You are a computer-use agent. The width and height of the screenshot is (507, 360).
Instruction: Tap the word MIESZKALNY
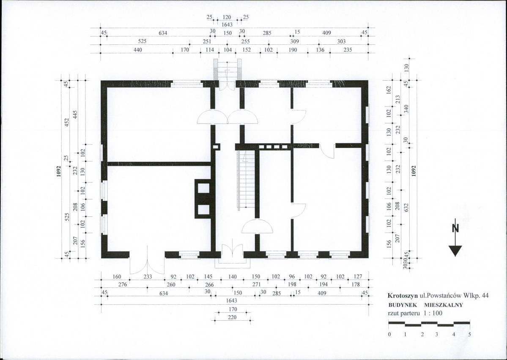point(444,305)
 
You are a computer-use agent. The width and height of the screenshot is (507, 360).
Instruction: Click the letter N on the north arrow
point(455,228)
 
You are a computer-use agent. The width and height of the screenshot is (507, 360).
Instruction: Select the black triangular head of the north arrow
point(455,251)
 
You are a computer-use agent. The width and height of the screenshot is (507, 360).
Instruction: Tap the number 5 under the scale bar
point(469,334)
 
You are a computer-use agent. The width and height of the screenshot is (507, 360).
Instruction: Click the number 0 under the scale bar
point(389,334)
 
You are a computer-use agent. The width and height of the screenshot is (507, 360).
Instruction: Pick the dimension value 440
point(138,50)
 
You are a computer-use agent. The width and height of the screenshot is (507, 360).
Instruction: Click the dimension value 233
point(148,277)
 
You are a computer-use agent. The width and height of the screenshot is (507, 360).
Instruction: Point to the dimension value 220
point(232,317)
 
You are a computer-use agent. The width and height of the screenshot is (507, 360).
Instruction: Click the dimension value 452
point(67,123)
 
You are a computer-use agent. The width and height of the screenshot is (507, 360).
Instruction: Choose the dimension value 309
point(295,41)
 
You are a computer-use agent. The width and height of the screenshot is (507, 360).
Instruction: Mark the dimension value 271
point(256,284)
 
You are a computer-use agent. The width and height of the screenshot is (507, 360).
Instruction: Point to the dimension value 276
point(123,284)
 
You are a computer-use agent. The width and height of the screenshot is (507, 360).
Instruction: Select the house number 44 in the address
point(485,295)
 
